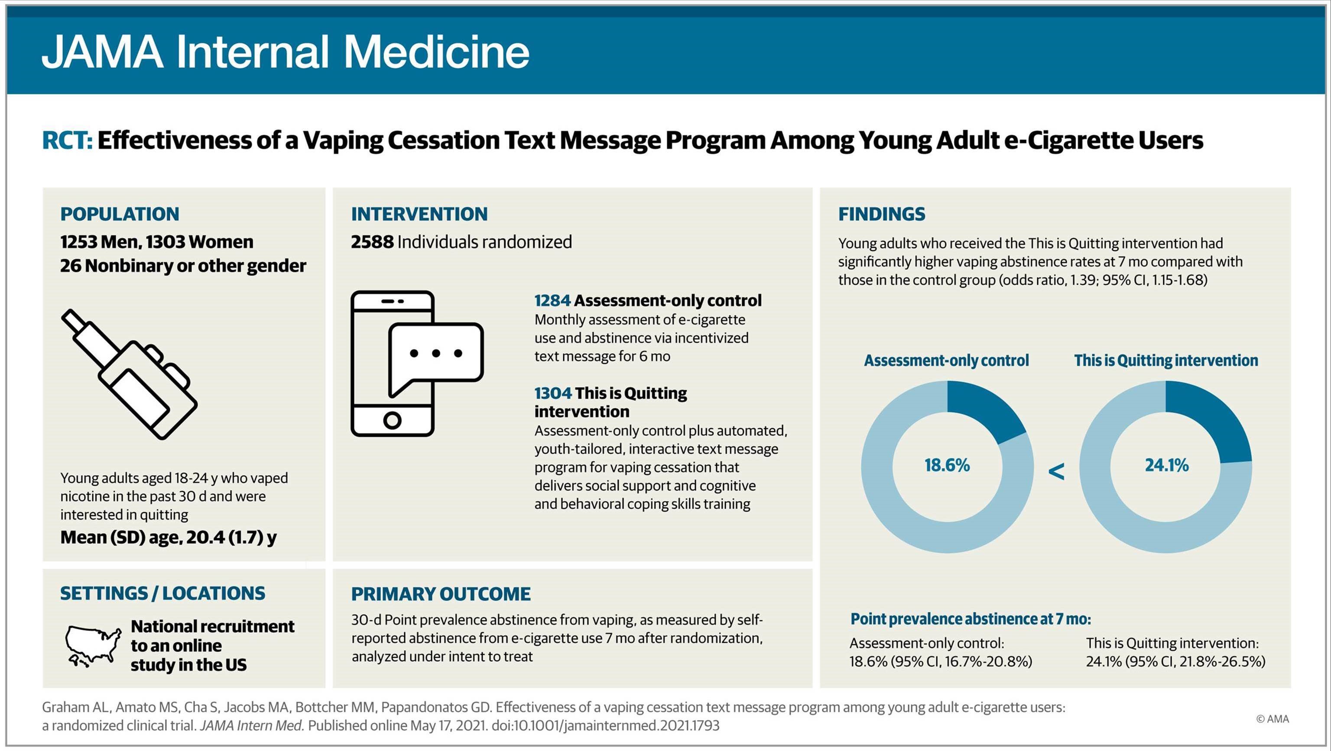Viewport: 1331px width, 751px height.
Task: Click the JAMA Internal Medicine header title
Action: pyautogui.click(x=285, y=52)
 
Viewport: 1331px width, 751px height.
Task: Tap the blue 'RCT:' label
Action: pyautogui.click(x=67, y=140)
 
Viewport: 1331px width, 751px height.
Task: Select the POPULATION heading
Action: pyautogui.click(x=119, y=214)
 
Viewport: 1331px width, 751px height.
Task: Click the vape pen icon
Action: pyautogui.click(x=129, y=375)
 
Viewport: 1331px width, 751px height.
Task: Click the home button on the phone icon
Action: pyautogui.click(x=392, y=419)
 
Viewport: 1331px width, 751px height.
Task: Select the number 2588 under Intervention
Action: pyautogui.click(x=372, y=242)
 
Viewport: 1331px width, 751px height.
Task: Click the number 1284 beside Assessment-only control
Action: pyautogui.click(x=552, y=300)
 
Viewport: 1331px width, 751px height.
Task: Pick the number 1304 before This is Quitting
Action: pyautogui.click(x=552, y=393)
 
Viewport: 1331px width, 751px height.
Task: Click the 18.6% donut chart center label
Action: pyautogui.click(x=947, y=465)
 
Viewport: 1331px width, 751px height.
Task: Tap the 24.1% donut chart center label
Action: pyautogui.click(x=1167, y=465)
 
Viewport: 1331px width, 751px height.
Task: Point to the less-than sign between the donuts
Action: pyautogui.click(x=1057, y=471)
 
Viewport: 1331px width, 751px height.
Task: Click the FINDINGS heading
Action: pyautogui.click(x=881, y=214)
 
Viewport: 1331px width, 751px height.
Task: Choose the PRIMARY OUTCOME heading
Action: pyautogui.click(x=441, y=594)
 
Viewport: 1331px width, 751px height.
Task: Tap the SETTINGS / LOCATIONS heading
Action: pyautogui.click(x=162, y=593)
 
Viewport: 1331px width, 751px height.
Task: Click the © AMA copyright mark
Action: pyautogui.click(x=1272, y=719)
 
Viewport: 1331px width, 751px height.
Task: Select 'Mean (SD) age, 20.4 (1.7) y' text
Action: pyautogui.click(x=169, y=537)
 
